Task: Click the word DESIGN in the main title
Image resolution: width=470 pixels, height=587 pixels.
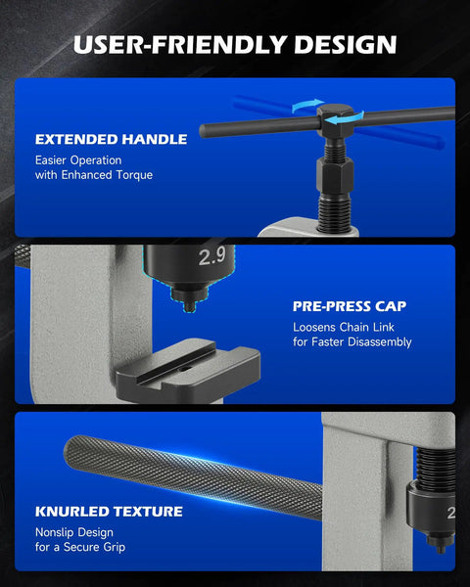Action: click(x=346, y=45)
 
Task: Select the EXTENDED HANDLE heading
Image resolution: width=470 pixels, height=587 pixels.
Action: click(x=111, y=139)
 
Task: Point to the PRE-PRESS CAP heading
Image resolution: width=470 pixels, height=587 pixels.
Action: click(x=350, y=306)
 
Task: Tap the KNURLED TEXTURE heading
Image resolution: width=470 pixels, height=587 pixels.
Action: click(x=109, y=512)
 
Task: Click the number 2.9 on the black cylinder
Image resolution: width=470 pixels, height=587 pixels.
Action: click(x=211, y=256)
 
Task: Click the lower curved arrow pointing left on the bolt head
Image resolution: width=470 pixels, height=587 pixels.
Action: click(x=345, y=118)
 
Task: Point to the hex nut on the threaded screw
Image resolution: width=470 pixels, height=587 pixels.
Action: click(x=335, y=175)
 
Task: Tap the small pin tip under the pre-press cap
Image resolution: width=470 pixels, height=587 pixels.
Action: click(x=190, y=306)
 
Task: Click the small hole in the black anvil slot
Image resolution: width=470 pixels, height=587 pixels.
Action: click(x=183, y=369)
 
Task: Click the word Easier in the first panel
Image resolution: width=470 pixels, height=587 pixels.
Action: click(x=51, y=160)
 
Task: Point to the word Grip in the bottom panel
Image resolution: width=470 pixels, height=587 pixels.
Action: click(x=115, y=547)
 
